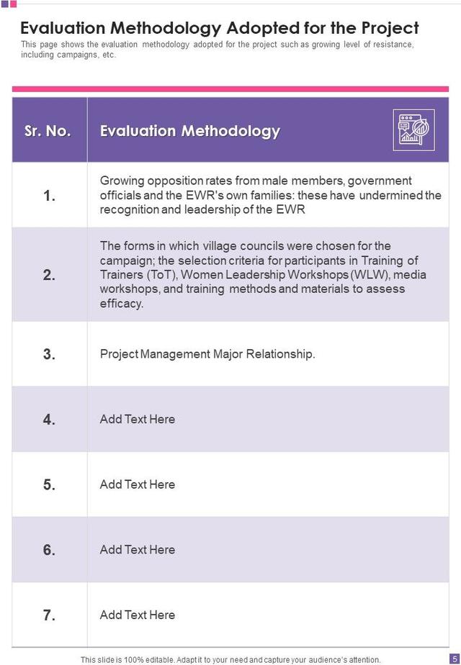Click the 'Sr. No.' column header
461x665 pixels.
tap(48, 131)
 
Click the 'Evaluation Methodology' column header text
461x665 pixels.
tap(189, 131)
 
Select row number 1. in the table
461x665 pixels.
tap(49, 196)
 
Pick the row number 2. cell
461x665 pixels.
tap(49, 275)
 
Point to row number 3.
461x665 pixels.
tap(49, 354)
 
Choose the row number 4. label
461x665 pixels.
tap(49, 420)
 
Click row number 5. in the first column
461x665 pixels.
tap(49, 484)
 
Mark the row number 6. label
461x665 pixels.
tap(49, 550)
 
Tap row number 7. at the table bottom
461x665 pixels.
tap(49, 615)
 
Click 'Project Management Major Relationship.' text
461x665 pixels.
tap(207, 354)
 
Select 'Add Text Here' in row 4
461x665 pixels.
tap(138, 419)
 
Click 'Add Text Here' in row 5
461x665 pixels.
tap(138, 484)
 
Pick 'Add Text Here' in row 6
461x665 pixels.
tap(138, 550)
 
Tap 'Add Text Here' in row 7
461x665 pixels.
tap(138, 615)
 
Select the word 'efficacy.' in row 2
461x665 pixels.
tap(122, 304)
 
